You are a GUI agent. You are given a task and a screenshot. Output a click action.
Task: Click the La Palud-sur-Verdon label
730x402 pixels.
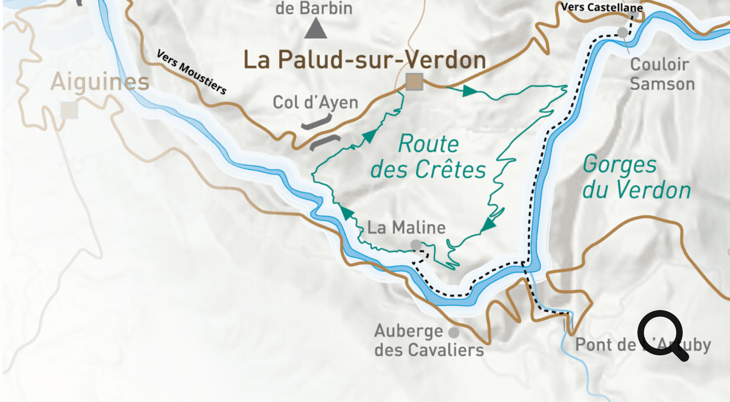point(364,60)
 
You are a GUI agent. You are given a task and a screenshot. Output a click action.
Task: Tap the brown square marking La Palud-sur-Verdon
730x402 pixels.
point(414,82)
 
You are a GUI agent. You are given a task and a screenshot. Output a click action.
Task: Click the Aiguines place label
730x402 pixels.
point(100,82)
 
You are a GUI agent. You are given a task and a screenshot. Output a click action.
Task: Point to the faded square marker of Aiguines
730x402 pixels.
point(69,110)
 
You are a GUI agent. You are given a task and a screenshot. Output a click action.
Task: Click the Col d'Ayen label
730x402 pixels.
point(315,103)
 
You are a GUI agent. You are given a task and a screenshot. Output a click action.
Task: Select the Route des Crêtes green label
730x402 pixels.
point(428,157)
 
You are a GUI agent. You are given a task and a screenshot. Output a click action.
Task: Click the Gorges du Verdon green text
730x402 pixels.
point(636,177)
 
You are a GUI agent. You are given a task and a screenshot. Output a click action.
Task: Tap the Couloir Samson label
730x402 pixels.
point(662,74)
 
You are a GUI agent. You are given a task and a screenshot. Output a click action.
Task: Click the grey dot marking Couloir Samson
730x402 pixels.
point(622,32)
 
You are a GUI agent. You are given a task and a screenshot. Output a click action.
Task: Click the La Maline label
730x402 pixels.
point(406,228)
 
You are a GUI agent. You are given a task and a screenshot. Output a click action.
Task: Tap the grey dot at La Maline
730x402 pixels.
point(416,245)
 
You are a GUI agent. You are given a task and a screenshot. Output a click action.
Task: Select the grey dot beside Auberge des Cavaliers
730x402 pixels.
point(454,333)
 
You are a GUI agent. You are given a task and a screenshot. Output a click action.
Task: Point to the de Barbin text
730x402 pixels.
point(314,8)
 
